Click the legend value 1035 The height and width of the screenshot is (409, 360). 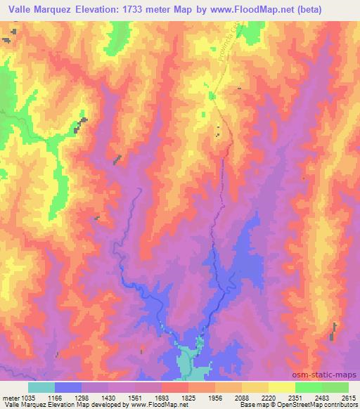coord(23,397)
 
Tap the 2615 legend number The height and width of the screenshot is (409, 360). coord(349,397)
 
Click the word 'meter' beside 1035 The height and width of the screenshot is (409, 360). coord(8,397)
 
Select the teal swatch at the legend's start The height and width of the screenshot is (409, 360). coord(41,387)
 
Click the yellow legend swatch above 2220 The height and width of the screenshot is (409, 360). coord(255,387)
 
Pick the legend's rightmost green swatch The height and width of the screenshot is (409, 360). coord(335,387)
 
